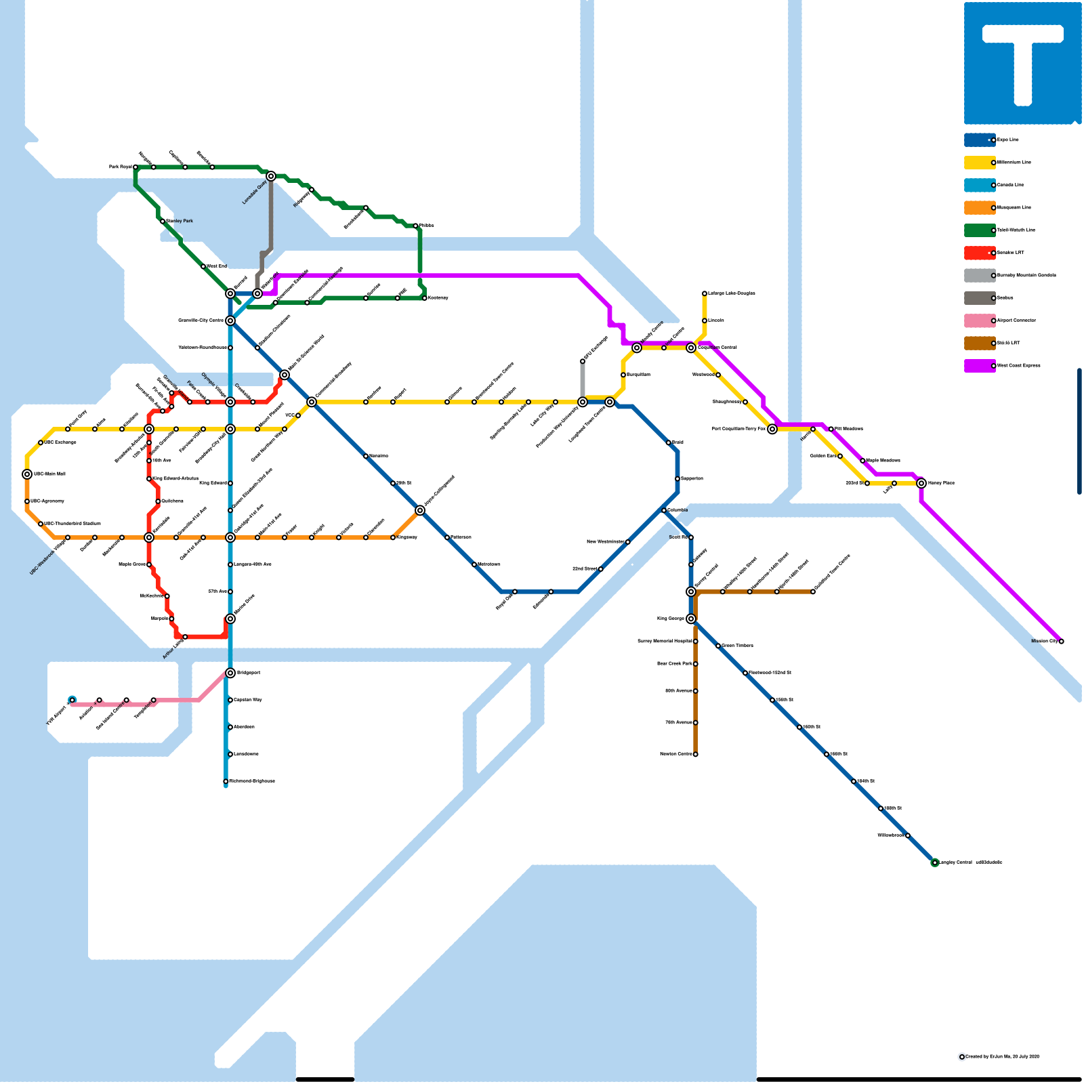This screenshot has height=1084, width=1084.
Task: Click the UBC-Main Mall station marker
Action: point(27,474)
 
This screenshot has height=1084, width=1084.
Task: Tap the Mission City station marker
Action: point(1061,641)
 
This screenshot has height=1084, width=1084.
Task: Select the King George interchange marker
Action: point(691,619)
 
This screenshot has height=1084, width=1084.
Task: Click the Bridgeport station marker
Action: point(230,673)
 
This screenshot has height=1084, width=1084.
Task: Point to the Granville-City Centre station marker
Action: point(230,320)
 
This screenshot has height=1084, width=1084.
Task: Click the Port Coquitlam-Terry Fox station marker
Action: point(772,429)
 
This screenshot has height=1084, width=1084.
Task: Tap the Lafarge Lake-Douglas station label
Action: point(732,293)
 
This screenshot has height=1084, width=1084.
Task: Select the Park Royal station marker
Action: point(135,167)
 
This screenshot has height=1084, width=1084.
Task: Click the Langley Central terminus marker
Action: point(935,862)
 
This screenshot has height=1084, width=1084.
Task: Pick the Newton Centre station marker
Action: point(695,754)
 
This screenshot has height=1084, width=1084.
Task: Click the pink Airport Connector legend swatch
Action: point(979,320)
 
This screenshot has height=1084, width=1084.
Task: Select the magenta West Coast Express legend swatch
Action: point(979,366)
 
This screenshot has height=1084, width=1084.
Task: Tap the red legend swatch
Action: point(979,253)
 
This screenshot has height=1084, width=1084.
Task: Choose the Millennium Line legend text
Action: point(1014,163)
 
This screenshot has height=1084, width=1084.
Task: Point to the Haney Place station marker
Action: point(921,483)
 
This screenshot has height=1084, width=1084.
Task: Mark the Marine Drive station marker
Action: point(230,619)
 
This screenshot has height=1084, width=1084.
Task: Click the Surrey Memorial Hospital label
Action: point(665,641)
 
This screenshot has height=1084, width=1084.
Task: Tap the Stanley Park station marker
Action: point(163,221)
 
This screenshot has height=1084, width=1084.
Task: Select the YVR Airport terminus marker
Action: point(72,700)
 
